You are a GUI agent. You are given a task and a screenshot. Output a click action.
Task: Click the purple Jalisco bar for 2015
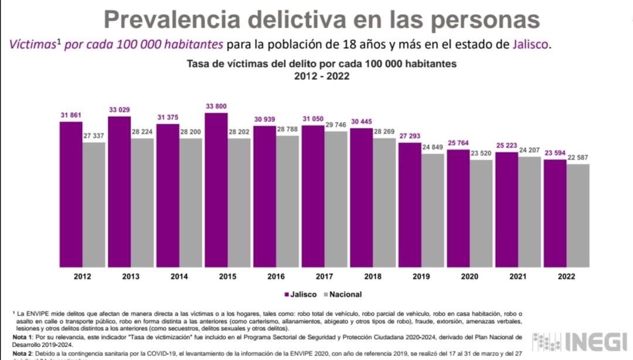[x=216, y=189]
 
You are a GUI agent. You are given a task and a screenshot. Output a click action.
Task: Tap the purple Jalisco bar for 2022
[x=555, y=213]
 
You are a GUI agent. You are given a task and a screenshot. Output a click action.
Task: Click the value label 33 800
[x=216, y=106]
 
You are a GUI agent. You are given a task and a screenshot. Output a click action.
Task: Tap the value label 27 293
[x=410, y=136]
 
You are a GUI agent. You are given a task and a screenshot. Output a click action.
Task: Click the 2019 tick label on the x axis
[x=421, y=276]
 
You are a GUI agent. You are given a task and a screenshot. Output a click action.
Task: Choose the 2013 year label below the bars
[x=130, y=276]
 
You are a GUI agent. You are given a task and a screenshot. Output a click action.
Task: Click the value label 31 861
[x=71, y=114]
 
